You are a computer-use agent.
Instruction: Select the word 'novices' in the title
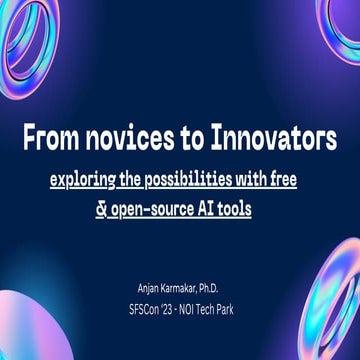pyautogui.click(x=125, y=136)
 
